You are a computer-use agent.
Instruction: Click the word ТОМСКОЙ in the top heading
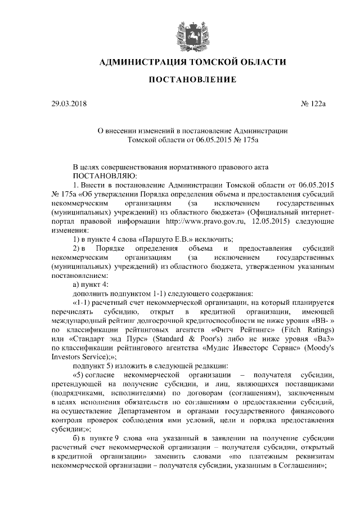click(197, 61)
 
